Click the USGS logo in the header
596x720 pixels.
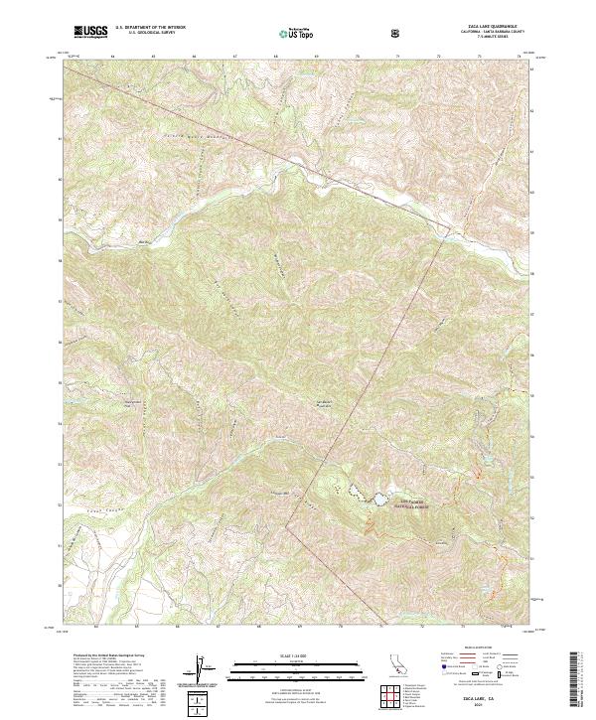pos(91,33)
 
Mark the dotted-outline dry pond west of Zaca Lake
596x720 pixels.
pos(352,490)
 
